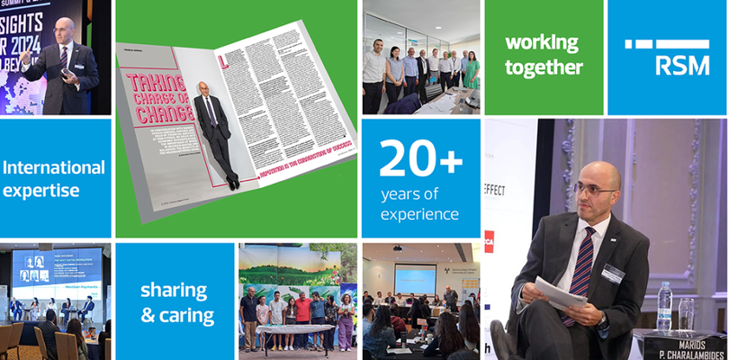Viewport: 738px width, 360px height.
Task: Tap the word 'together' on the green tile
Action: [544, 67]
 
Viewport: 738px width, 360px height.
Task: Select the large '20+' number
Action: [420, 160]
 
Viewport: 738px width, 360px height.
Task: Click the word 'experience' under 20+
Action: [419, 214]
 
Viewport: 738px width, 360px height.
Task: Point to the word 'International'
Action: [54, 167]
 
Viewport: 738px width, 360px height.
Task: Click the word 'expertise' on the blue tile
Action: [41, 190]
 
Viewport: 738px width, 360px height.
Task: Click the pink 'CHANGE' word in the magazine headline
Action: [162, 113]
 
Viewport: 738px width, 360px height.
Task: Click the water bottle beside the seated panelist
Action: [664, 306]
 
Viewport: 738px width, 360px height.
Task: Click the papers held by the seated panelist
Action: [560, 292]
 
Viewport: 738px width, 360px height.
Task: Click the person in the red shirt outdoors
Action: [304, 310]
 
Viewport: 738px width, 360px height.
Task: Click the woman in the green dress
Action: [472, 72]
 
